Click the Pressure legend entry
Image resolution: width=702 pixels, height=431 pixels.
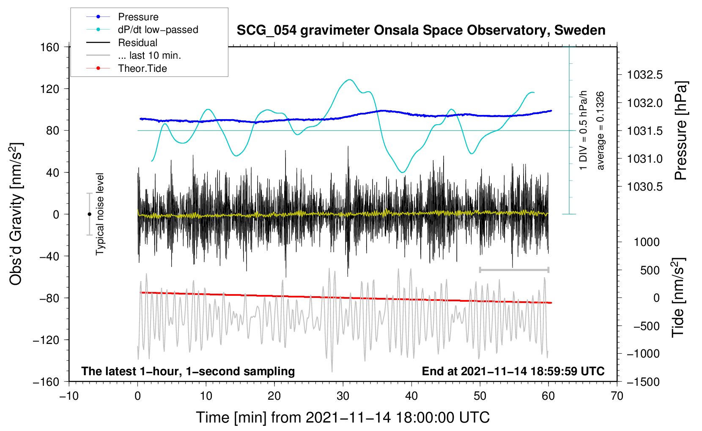point(122,16)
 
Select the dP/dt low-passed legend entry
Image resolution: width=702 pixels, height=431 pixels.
point(142,30)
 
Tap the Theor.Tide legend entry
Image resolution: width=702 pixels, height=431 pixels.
point(126,68)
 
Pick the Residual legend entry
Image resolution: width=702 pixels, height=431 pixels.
point(122,43)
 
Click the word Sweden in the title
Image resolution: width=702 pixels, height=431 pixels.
point(580,30)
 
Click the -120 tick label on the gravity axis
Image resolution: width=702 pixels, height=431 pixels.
point(46,340)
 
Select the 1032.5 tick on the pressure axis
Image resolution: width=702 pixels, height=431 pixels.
point(644,75)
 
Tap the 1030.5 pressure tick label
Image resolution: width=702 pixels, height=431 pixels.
point(644,187)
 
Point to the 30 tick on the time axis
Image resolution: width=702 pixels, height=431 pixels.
point(343,396)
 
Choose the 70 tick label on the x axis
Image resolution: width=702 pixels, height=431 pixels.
point(617,396)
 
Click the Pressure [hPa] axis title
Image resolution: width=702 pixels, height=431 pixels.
point(680,131)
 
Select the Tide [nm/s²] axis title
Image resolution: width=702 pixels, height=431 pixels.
point(679,297)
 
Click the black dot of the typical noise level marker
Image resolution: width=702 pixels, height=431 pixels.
point(89,214)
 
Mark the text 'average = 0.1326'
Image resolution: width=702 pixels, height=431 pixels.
point(600,131)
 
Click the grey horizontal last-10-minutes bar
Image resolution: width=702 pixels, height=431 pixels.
point(514,270)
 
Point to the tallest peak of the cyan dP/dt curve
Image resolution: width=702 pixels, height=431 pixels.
point(349,79)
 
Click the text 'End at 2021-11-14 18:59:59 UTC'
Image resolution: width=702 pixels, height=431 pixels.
point(513,371)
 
